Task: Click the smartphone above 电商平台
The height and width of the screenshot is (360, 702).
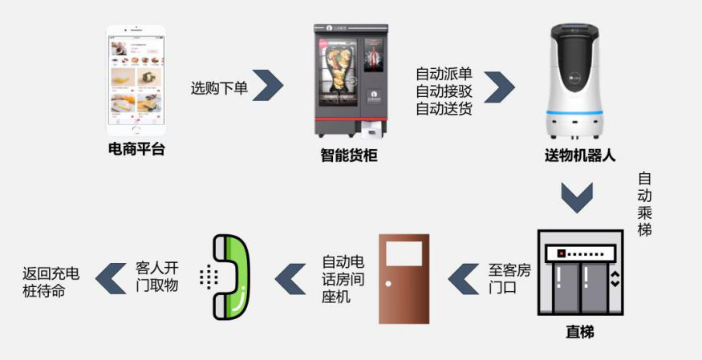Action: (x=136, y=81)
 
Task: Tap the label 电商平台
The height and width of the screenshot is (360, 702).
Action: (x=136, y=148)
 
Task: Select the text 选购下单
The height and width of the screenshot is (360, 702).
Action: (x=219, y=88)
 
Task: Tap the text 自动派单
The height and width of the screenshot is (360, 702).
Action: (x=444, y=74)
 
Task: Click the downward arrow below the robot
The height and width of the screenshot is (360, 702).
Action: (x=576, y=197)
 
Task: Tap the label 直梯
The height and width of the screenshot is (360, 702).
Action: (x=579, y=331)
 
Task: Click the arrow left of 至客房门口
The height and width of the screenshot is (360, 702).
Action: (x=463, y=278)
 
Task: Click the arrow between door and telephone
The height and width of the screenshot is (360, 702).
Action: (x=291, y=278)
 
